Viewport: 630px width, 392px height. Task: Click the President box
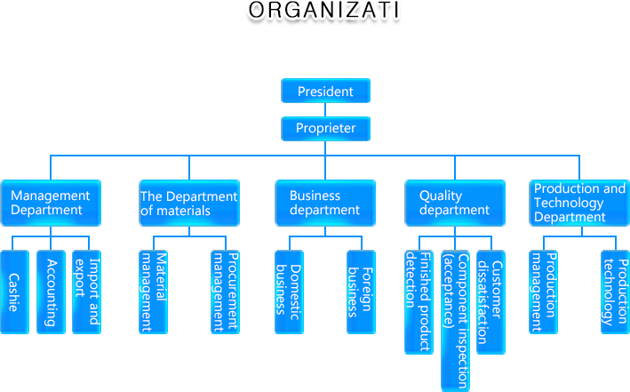tap(325, 92)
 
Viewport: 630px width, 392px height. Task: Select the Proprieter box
tap(325, 129)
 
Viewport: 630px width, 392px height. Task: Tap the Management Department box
tap(51, 203)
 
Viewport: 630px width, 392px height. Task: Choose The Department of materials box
tap(188, 203)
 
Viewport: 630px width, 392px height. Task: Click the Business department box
tap(325, 203)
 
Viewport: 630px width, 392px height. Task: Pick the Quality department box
tap(455, 203)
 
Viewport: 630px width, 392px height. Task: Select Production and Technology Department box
tap(579, 203)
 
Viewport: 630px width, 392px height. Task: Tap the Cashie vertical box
tap(14, 292)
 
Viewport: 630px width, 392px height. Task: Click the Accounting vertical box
tap(52, 292)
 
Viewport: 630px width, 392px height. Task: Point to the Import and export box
tap(86, 292)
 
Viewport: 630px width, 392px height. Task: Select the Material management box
tap(154, 292)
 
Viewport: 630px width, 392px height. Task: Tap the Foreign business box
tap(361, 292)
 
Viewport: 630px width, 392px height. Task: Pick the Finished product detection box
tap(419, 302)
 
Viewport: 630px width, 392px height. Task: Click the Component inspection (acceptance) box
tap(455, 320)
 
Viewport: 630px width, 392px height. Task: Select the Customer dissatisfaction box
tap(490, 302)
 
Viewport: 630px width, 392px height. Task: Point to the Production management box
tap(543, 292)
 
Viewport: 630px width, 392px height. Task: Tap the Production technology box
tap(616, 292)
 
